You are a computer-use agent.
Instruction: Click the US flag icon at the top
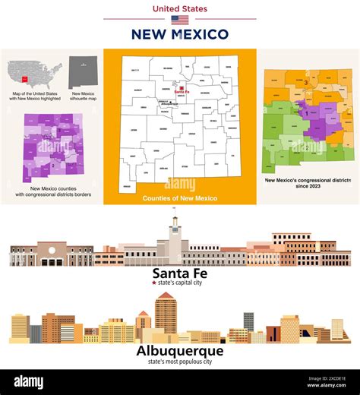pyautogui.click(x=180, y=21)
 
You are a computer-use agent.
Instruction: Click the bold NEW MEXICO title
pyautogui.click(x=180, y=34)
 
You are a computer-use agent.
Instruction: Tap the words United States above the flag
pyautogui.click(x=180, y=9)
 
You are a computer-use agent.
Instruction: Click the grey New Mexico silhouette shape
pyautogui.click(x=83, y=73)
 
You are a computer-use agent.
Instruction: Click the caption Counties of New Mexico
pyautogui.click(x=180, y=198)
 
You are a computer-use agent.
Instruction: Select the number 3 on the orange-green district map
pyautogui.click(x=305, y=82)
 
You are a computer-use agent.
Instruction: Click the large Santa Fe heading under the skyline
pyautogui.click(x=180, y=273)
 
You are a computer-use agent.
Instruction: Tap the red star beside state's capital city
pyautogui.click(x=155, y=283)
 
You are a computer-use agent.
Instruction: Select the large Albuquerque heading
pyautogui.click(x=180, y=351)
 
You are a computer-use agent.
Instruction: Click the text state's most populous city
pyautogui.click(x=180, y=362)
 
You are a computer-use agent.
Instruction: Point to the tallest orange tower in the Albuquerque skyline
pyautogui.click(x=166, y=311)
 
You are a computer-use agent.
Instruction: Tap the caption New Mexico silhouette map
pyautogui.click(x=84, y=98)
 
